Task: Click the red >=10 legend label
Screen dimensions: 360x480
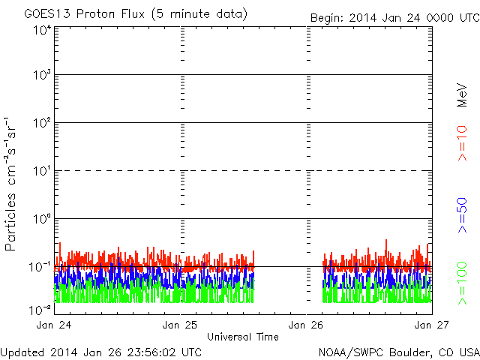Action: [x=462, y=142]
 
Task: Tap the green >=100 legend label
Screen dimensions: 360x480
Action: [x=462, y=283]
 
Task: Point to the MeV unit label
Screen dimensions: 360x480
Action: [x=462, y=97]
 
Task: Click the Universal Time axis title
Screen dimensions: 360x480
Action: [x=242, y=336]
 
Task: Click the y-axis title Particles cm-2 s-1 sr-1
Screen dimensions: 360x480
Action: [x=11, y=184]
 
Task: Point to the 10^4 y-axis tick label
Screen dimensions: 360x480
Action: [x=41, y=30]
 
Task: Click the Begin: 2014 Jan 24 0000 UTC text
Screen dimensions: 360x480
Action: [x=394, y=18]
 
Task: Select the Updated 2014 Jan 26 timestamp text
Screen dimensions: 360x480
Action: [x=101, y=351]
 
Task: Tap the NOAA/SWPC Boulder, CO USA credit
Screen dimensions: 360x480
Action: [x=398, y=351]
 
